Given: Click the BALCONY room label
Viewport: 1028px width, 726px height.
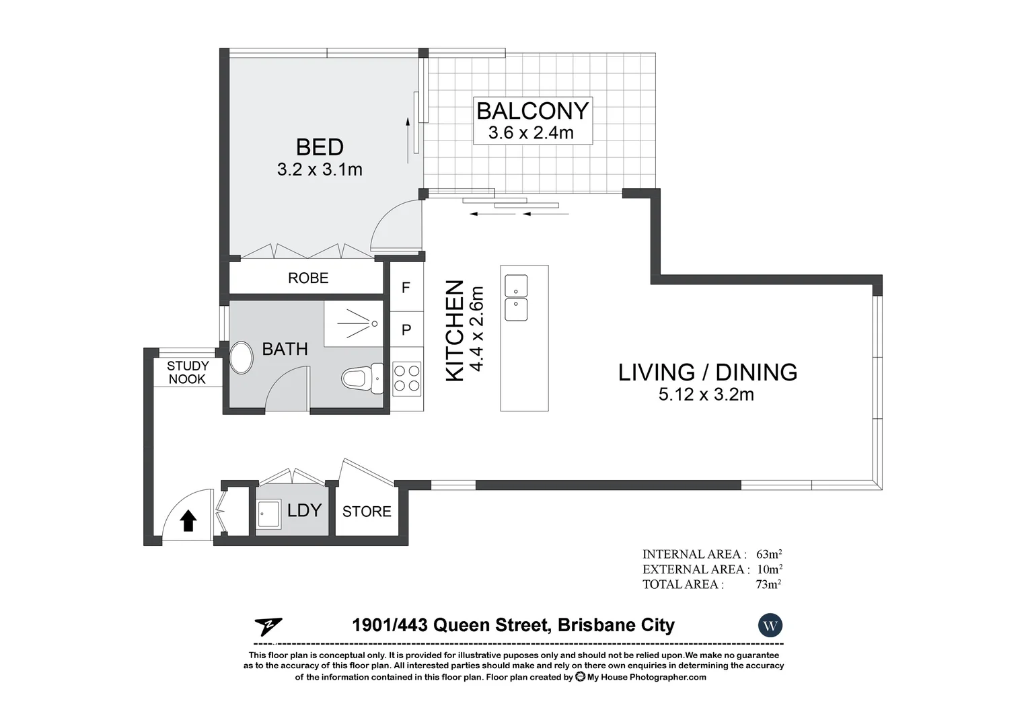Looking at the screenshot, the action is coord(532,111).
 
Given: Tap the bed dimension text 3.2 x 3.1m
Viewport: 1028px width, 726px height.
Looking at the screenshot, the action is coord(320,169).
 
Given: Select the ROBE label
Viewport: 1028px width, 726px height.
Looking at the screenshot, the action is coord(308,278).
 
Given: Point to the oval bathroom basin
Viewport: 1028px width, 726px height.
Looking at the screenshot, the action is coord(241,358).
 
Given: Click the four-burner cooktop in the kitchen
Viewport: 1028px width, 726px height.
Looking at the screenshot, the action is coord(406,379).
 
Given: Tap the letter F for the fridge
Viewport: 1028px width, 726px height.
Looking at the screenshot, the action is coord(406,288).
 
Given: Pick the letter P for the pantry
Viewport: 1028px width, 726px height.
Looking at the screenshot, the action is coord(406,329).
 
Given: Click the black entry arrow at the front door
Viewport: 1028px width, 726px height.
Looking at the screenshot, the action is coord(188,521).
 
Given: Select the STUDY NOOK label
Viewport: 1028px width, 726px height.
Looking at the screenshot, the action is coord(187,372).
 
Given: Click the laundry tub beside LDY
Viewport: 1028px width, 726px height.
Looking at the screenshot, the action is coord(268,514).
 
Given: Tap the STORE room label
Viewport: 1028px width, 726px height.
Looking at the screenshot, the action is coord(367,512).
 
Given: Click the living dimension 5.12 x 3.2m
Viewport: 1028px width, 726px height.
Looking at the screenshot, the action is coord(706,395).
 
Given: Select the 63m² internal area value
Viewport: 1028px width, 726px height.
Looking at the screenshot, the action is coord(769,554).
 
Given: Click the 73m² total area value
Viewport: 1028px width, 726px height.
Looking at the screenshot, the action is coord(768,584).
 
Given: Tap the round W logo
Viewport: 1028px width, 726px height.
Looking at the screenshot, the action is coord(770,626).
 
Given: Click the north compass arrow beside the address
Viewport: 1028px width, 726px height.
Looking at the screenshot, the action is coord(268,627).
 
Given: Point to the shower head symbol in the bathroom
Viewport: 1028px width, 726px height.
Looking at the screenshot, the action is coord(375,324).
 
